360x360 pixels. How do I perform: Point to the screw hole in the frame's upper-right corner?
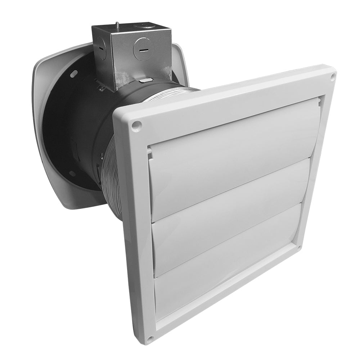[333, 76]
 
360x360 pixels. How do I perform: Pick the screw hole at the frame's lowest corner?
[150, 339]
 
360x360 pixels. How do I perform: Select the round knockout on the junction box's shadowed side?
[102, 48]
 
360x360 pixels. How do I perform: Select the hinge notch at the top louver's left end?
[150, 153]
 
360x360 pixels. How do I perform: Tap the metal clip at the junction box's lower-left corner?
[101, 86]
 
